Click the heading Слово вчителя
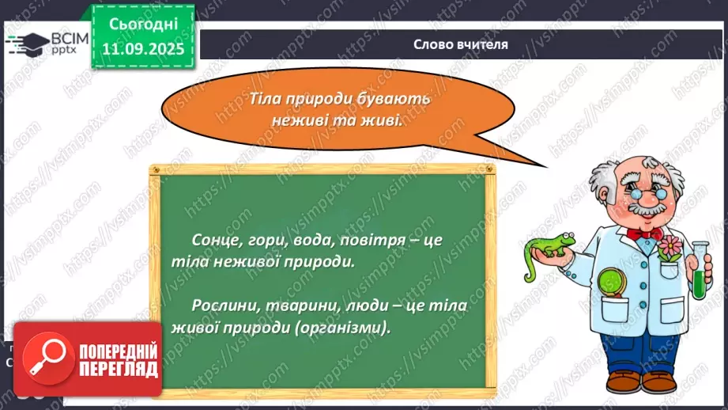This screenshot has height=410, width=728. pos(460,44)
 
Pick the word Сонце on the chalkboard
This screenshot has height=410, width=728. pos(213,240)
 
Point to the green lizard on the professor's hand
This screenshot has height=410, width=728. pos(545,245)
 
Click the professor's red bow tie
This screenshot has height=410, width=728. pos(643,232)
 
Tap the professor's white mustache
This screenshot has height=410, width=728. pos(647,210)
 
